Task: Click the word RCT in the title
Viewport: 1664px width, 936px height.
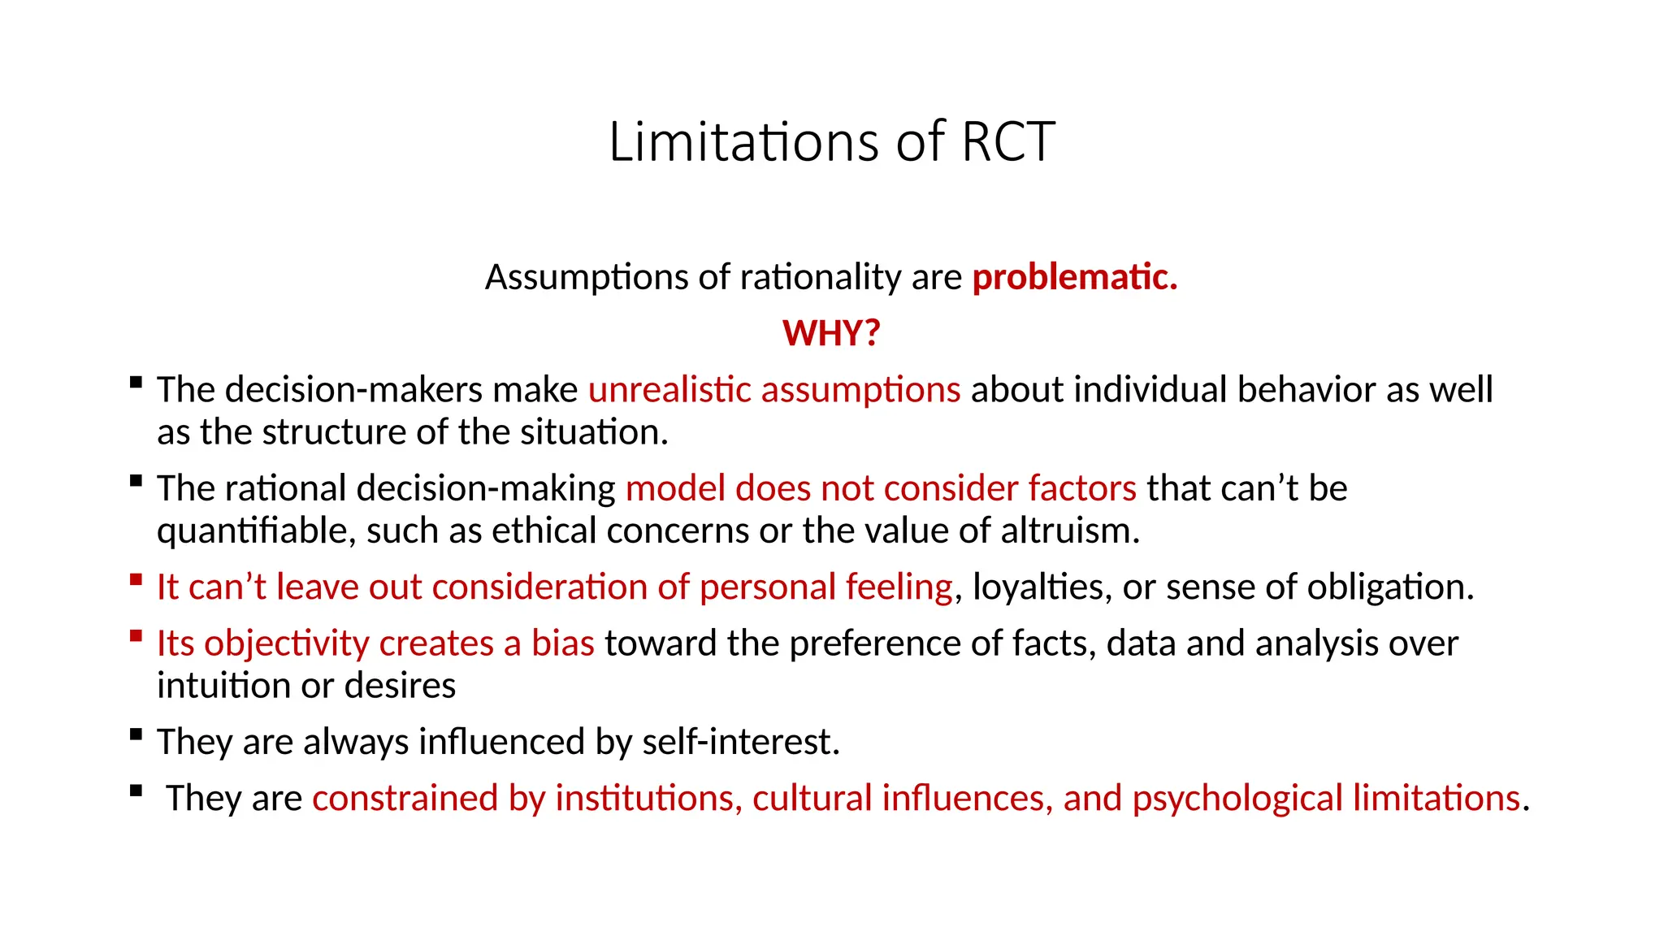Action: click(x=1007, y=142)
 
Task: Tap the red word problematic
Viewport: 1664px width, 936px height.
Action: click(x=1074, y=277)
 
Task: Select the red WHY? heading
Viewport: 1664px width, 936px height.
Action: click(x=831, y=333)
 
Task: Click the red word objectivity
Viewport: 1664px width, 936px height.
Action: click(x=286, y=643)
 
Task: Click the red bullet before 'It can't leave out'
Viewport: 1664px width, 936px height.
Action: click(x=136, y=579)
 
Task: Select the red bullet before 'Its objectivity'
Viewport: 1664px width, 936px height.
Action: click(x=136, y=635)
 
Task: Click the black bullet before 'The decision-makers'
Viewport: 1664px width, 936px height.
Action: click(x=136, y=382)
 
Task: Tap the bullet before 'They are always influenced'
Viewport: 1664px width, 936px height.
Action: click(x=136, y=734)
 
